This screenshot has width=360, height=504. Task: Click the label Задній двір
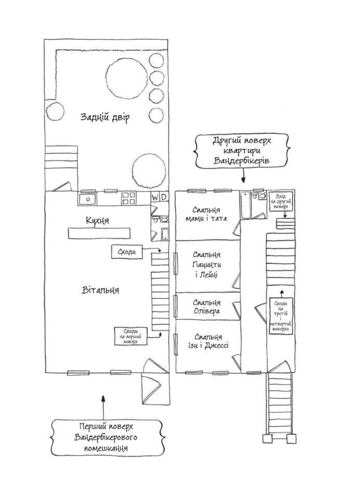tap(105, 117)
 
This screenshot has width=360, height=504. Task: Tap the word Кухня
tap(97, 220)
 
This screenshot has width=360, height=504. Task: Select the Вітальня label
tap(100, 290)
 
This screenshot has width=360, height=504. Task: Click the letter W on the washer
tap(155, 197)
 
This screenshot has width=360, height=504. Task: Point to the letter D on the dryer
tap(164, 197)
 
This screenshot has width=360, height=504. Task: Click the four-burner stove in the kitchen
tap(129, 199)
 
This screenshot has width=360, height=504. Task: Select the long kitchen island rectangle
tap(99, 233)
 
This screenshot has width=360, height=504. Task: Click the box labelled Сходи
tap(127, 252)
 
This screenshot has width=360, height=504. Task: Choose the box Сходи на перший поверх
tap(131, 336)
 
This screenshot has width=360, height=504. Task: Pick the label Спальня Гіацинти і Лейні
tap(207, 264)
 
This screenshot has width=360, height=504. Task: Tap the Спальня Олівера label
tap(207, 307)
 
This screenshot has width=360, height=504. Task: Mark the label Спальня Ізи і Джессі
tap(208, 341)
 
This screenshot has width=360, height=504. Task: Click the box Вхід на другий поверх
tap(281, 202)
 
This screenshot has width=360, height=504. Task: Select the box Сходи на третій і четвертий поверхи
tap(281, 316)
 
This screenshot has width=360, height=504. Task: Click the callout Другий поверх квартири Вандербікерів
tap(242, 151)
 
